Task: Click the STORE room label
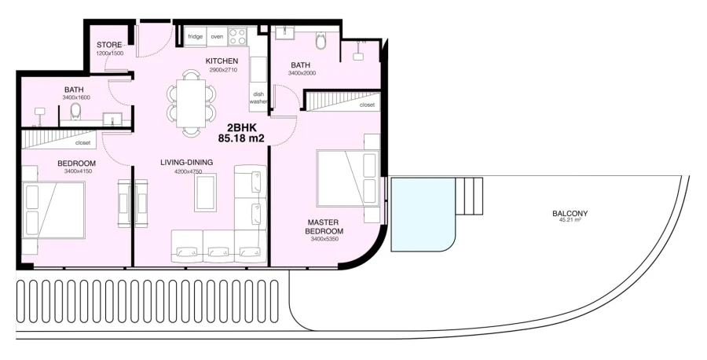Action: coord(109,45)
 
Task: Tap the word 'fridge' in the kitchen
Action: coord(195,36)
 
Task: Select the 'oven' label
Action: coord(217,36)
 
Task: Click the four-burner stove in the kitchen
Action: coord(237,36)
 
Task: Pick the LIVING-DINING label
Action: coord(187,163)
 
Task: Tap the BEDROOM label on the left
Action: coord(76,163)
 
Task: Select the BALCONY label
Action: coord(570,213)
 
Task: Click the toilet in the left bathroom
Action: coord(76,111)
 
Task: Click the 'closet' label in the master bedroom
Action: coord(367,105)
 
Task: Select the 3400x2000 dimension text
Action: coord(301,74)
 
